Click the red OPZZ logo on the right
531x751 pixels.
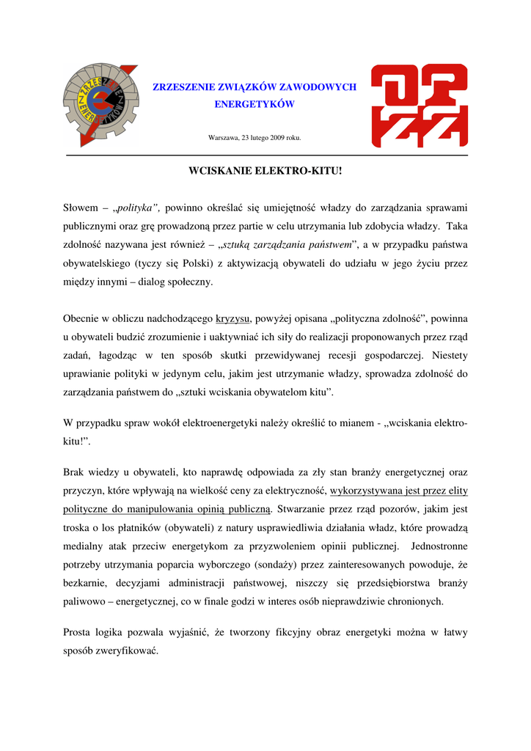tap(419, 105)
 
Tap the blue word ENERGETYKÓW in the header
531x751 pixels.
tap(254, 104)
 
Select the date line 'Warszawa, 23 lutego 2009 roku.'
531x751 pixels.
tap(254, 138)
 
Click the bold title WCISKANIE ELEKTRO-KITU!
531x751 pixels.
tap(265, 171)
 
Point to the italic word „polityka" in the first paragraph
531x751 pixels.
tap(136, 208)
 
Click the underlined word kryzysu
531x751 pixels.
tap(233, 319)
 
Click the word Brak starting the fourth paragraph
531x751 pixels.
tap(76, 473)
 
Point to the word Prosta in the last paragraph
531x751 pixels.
tap(78, 632)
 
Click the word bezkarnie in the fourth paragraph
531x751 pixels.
tap(86, 583)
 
